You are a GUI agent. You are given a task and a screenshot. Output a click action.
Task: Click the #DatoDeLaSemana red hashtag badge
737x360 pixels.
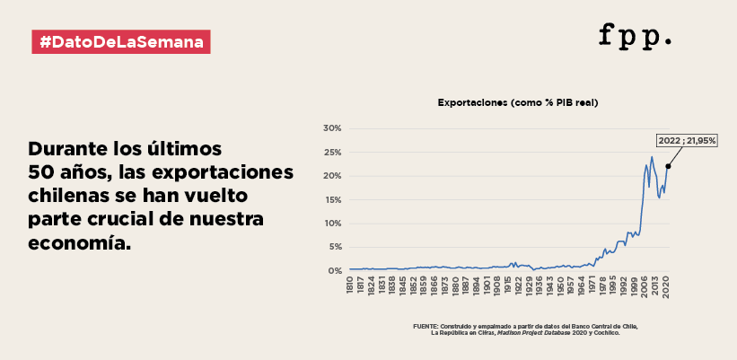121,41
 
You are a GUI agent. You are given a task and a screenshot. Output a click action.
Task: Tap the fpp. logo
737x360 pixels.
636,36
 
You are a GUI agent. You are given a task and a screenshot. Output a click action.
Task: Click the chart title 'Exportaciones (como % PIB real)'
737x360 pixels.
517,103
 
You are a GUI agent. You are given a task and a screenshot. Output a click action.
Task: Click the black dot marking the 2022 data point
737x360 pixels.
668,166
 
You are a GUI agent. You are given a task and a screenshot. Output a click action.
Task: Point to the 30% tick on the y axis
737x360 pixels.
332,128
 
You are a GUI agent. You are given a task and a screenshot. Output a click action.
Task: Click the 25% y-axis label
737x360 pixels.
332,152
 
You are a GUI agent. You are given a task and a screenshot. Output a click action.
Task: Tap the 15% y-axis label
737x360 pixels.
332,199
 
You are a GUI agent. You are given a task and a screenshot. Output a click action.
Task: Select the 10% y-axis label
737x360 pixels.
332,223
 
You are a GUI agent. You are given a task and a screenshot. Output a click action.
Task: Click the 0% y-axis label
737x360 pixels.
334,270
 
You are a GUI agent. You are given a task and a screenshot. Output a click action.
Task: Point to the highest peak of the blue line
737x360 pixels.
652,157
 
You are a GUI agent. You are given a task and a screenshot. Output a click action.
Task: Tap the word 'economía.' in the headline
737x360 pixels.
79,242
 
